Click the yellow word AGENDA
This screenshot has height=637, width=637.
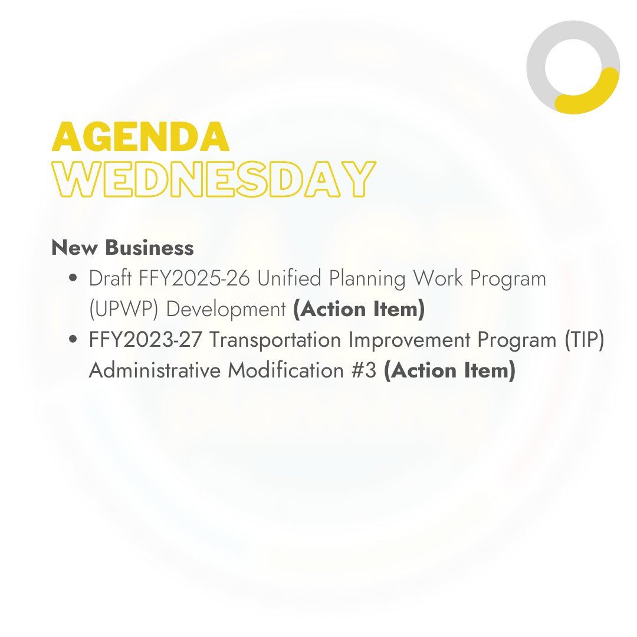pos(140,137)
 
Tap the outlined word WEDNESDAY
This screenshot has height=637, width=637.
pos(214,178)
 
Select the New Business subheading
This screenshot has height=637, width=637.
pos(123,248)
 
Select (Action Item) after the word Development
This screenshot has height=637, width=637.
pos(359,310)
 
